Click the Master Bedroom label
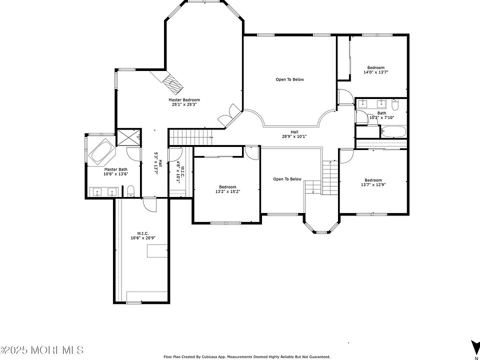point(184,102)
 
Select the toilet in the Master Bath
point(130,190)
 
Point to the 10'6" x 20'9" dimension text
point(143,238)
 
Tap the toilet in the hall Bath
point(395,105)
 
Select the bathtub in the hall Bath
point(393,131)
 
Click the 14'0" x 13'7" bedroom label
point(375,70)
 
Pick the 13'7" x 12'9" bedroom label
point(373,182)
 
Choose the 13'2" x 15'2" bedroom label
point(227,189)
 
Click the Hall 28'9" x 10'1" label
point(294,134)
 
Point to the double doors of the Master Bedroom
point(229,115)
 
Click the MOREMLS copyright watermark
point(42,350)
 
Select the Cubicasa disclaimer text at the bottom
point(247,357)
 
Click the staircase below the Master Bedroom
point(190,137)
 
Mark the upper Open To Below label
point(289,79)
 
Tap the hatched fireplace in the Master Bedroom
point(172,84)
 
